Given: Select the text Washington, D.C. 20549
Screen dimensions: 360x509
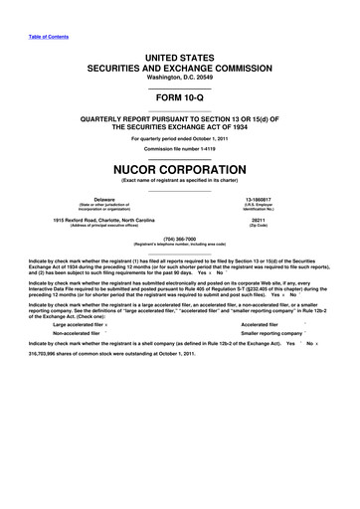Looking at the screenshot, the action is [x=179, y=78].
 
